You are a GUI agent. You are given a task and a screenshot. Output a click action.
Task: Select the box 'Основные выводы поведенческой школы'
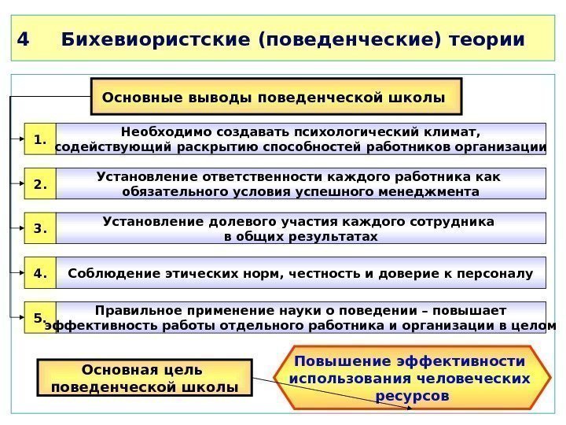277,97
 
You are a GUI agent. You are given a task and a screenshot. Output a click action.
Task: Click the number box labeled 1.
40,140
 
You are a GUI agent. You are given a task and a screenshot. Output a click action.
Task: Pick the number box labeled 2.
40,185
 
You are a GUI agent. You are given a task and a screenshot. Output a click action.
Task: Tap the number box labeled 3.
40,229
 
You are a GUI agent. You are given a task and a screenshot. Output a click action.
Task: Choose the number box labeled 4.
40,274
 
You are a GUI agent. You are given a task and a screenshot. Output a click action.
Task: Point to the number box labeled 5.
40,318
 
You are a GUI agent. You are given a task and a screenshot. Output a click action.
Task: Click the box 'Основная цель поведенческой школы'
145,378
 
